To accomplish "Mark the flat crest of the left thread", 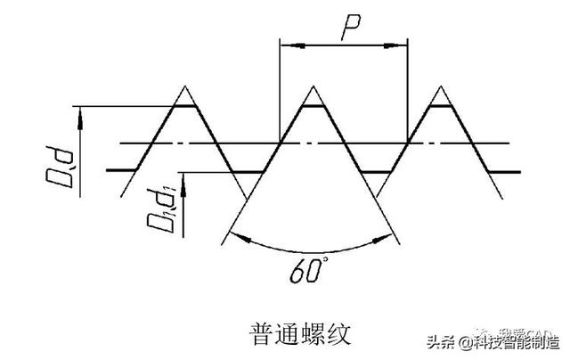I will coord(184,106).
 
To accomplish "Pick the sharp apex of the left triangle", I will coord(184,86).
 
